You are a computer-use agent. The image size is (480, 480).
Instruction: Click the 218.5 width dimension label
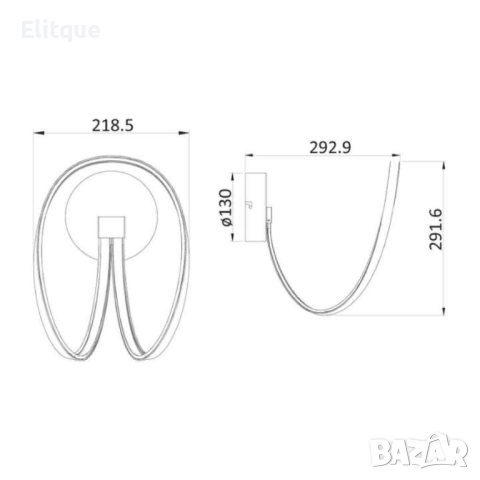113,125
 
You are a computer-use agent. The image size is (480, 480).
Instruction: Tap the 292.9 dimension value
330,147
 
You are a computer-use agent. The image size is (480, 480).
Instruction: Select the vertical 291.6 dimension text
435,229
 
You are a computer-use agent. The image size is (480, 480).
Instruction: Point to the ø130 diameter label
226,207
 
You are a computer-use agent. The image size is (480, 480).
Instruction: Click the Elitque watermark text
60,30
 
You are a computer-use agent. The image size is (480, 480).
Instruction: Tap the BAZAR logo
419,451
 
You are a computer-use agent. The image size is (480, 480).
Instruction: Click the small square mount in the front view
111,227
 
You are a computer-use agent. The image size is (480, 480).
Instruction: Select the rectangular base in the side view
256,207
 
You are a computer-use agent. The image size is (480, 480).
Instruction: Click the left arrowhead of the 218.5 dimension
39,133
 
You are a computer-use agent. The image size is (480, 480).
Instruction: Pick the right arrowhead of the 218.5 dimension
184,133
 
